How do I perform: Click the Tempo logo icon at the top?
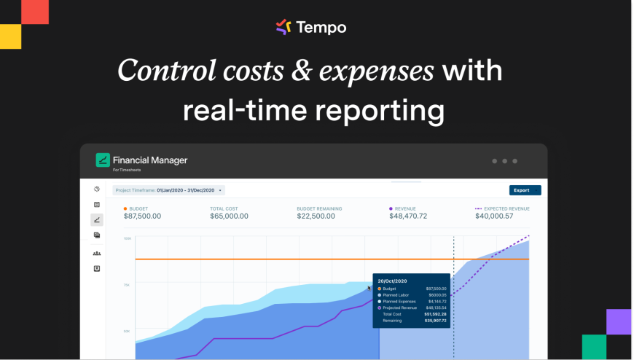pos(283,27)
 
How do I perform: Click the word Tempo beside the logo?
pos(321,28)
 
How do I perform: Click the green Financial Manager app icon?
pos(103,160)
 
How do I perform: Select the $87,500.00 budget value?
pos(142,216)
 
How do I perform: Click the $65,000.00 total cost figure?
pos(229,216)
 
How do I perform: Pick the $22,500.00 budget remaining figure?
pos(316,216)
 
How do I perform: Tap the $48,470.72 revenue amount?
pos(408,216)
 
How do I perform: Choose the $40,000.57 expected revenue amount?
pos(494,216)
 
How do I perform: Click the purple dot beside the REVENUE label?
pos(391,208)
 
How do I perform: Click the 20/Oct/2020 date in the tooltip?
pos(392,281)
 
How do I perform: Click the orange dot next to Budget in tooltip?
pos(379,289)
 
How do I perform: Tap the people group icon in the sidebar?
pos(97,253)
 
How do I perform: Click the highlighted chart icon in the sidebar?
pos(97,219)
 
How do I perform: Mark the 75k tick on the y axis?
pos(127,285)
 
